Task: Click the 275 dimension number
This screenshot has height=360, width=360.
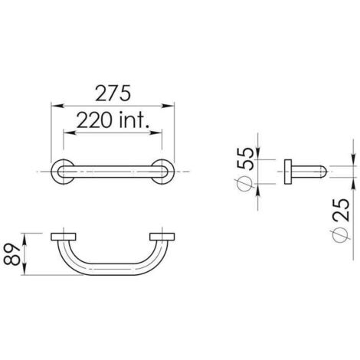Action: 113,93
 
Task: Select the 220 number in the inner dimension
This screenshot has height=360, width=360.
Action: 94,120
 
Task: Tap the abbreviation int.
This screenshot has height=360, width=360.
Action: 134,120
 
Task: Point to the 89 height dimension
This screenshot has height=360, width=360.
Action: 11,254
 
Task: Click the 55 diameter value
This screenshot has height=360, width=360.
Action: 245,159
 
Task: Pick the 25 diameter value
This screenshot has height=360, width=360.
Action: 341,210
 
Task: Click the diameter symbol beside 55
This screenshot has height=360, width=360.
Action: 244,184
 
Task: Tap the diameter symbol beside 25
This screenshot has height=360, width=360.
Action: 340,235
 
